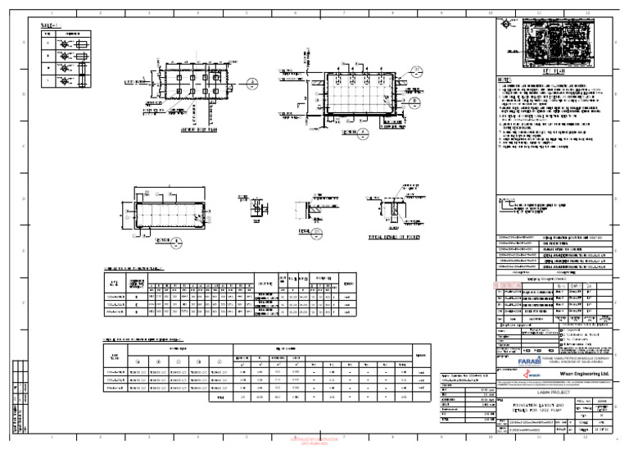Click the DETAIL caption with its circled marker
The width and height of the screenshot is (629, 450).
[314, 232]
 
